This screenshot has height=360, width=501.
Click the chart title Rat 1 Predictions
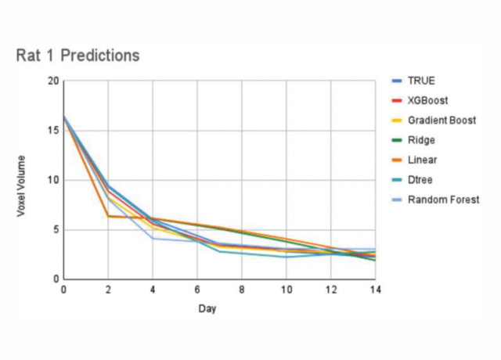77,56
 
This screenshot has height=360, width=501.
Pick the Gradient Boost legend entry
442,120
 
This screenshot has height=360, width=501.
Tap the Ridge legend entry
420,140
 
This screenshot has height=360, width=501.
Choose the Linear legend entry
422,160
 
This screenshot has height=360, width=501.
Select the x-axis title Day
207,308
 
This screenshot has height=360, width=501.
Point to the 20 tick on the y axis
53,81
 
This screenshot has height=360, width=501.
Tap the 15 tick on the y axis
53,130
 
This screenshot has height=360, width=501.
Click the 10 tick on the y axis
53,180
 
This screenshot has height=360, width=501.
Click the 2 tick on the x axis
108,290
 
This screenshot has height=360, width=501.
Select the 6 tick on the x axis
197,290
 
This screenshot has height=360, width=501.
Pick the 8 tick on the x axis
242,290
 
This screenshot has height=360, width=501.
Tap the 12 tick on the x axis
331,290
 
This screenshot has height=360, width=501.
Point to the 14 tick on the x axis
376,290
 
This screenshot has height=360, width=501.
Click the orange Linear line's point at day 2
108,216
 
